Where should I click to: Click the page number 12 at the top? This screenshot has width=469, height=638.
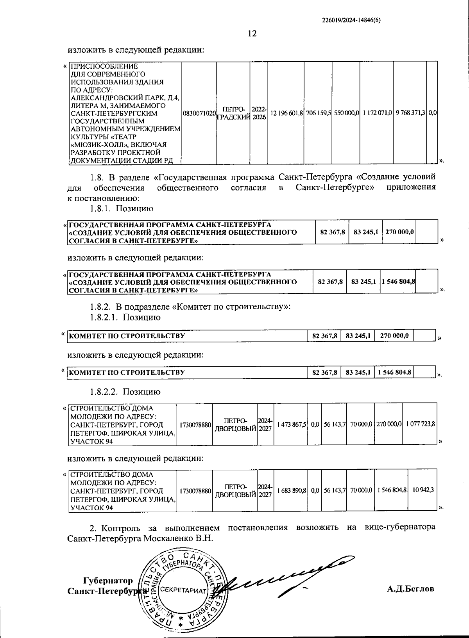coord(252,34)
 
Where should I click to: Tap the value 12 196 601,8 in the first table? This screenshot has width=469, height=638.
coord(286,113)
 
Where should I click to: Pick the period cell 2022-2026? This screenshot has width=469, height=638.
coord(259,113)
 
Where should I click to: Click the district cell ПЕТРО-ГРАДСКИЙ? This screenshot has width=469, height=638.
coord(233,113)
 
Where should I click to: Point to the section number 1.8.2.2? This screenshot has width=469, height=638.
coord(104,392)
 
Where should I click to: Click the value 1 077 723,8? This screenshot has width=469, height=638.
coord(420,424)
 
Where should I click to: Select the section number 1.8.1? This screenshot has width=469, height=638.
coord(101,209)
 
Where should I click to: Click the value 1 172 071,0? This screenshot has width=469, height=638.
coord(377,113)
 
